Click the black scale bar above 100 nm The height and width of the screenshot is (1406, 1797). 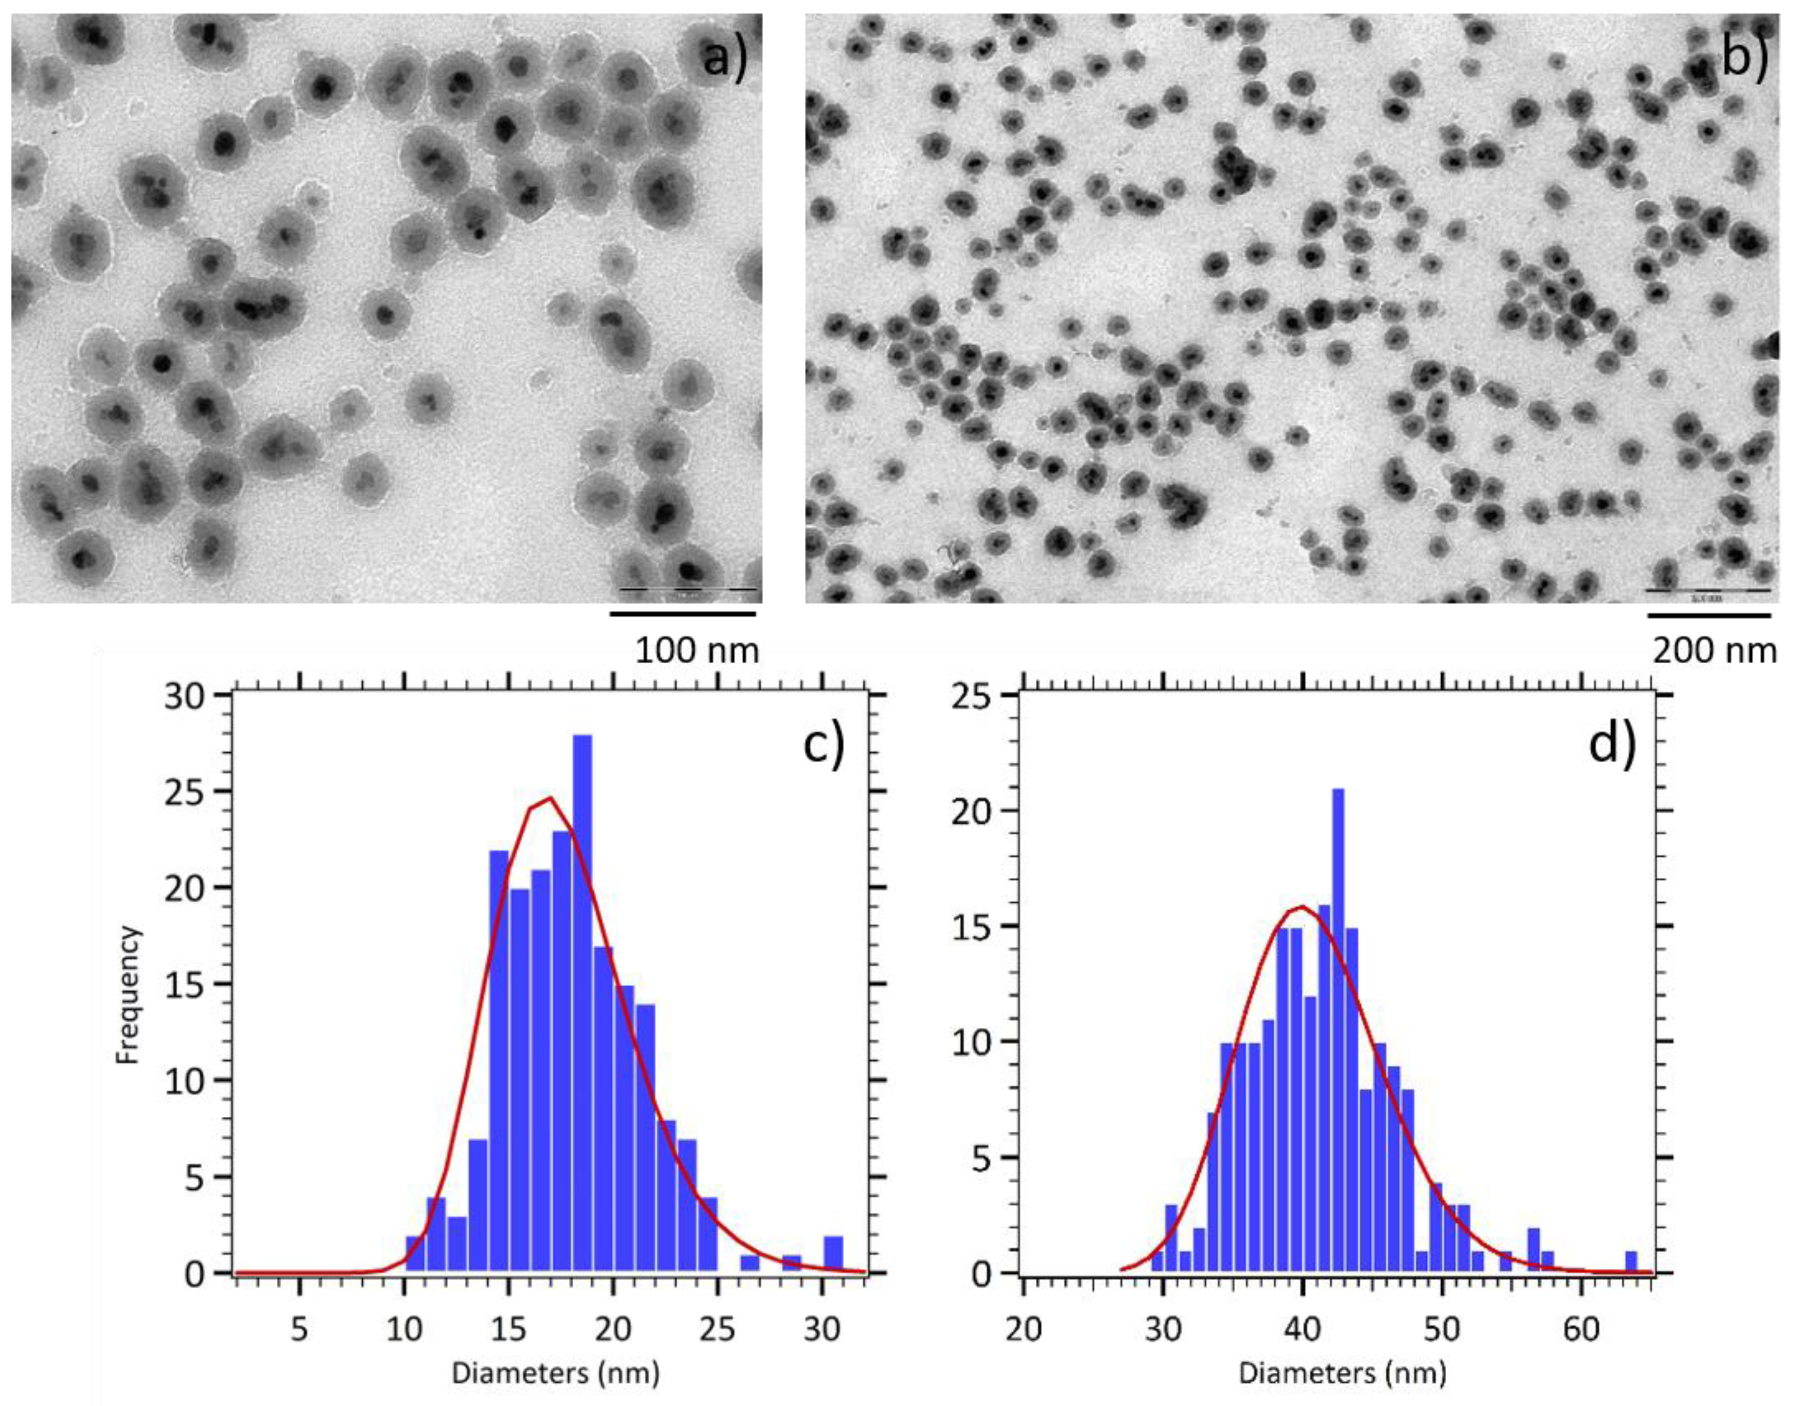683,613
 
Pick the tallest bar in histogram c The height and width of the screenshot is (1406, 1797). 582,1004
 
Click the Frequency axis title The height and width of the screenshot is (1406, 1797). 129,995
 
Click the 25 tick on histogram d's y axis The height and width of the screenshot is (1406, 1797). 990,696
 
